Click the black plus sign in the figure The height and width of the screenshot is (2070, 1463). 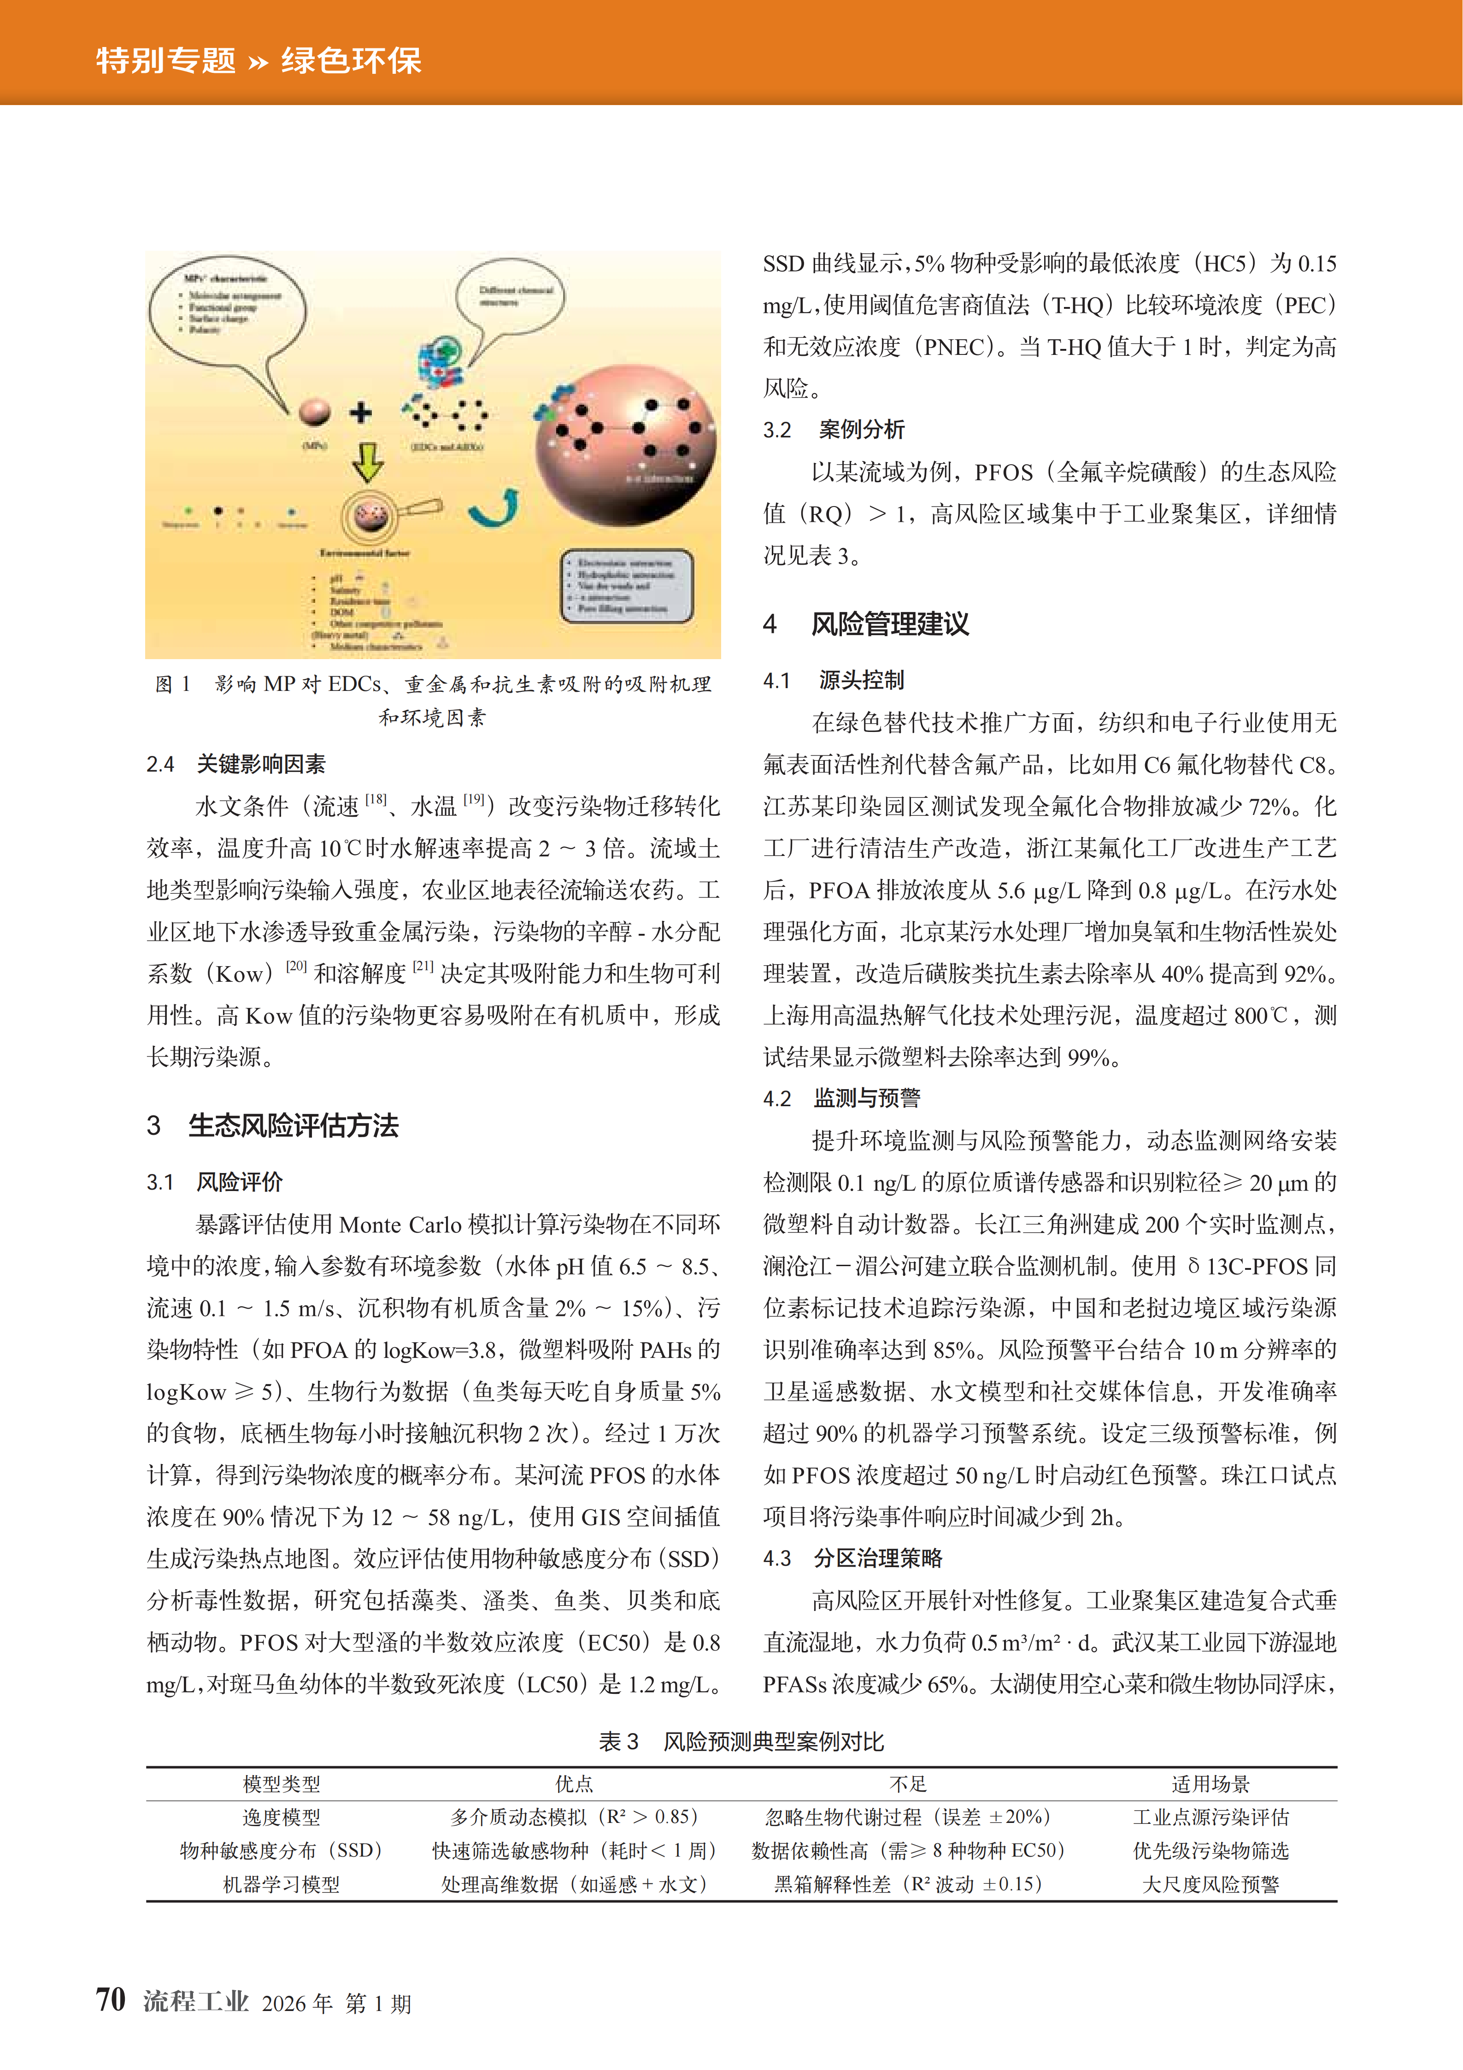pos(361,413)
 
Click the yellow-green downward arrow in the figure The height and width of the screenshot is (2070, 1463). pos(367,461)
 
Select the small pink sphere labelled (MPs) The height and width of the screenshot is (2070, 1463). pos(315,413)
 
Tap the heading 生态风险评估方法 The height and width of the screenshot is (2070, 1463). pos(293,1125)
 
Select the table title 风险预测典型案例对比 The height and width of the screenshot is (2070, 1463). pos(773,1742)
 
